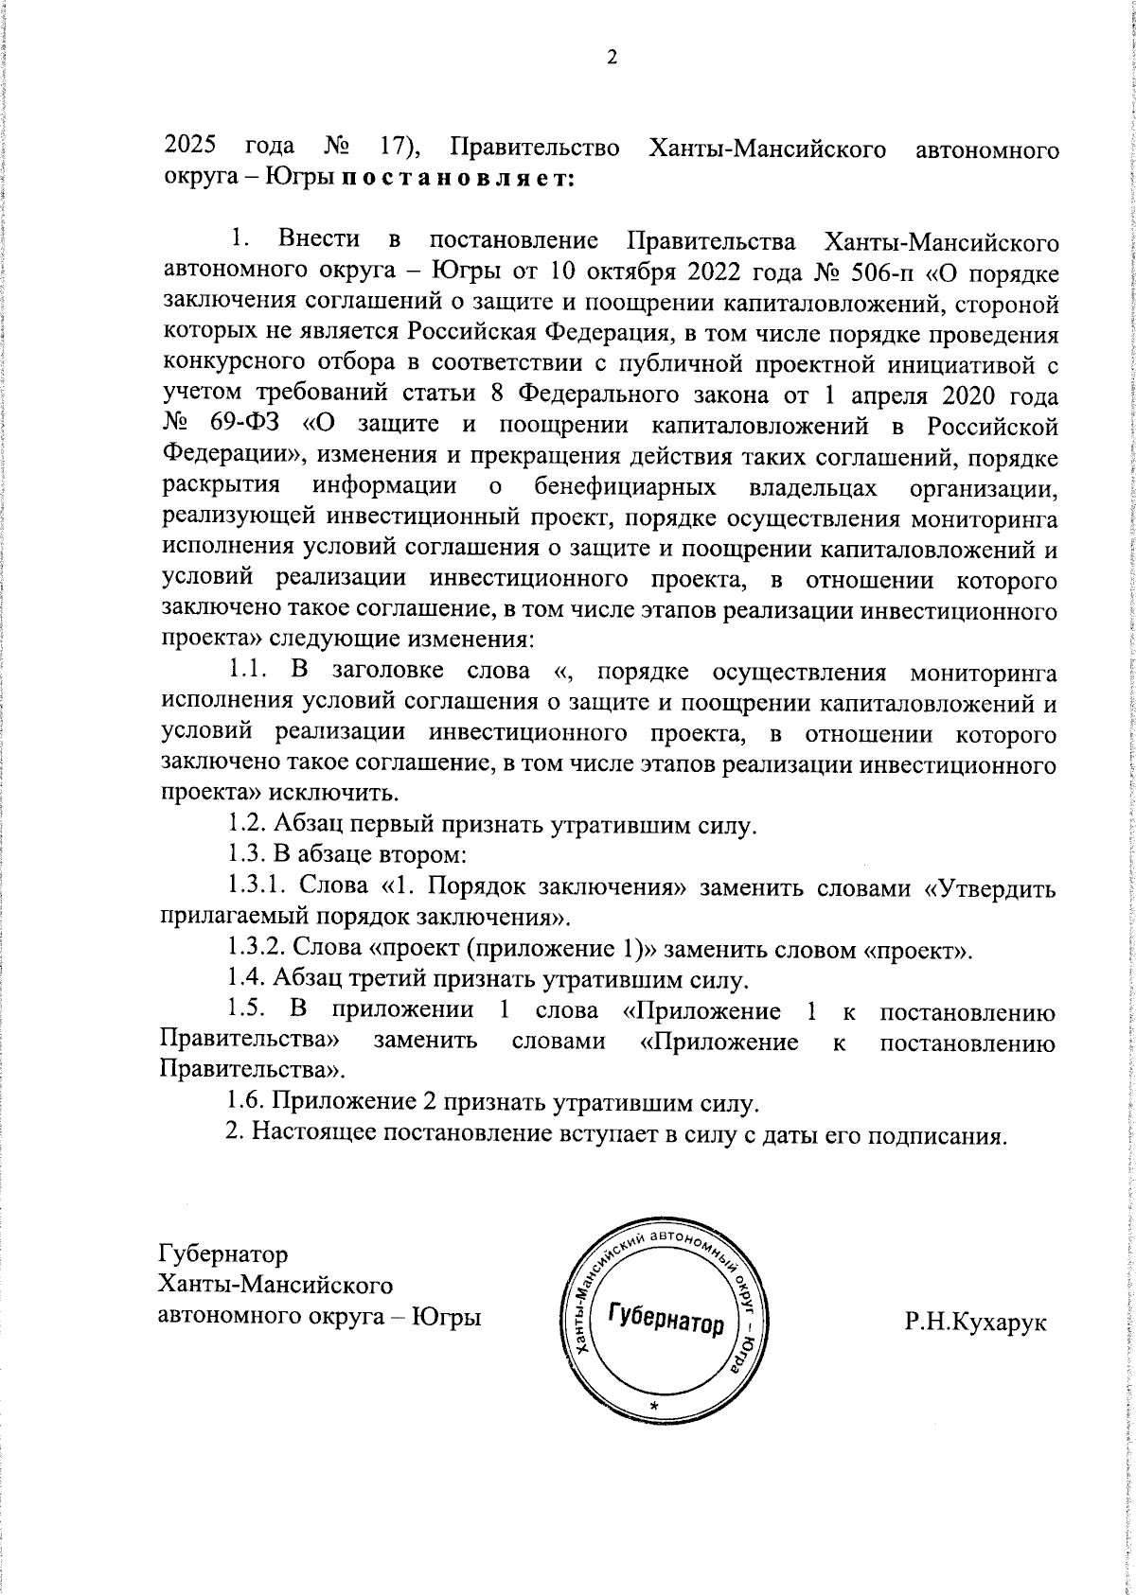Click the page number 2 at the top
(611, 59)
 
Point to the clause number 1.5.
(250, 1010)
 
